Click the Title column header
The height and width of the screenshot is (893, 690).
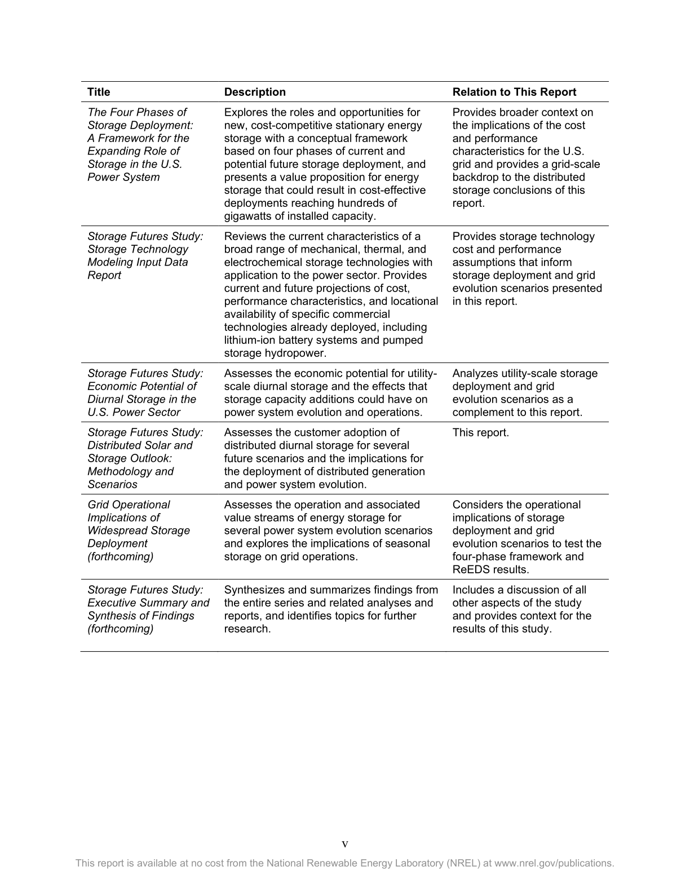[99, 92]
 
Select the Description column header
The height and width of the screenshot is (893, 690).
[255, 92]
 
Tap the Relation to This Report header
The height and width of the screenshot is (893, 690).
[514, 92]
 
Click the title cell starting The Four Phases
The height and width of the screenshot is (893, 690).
[140, 145]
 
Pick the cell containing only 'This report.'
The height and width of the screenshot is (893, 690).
[480, 432]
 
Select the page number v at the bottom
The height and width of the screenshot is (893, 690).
[345, 844]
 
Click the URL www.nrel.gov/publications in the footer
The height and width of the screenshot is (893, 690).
[554, 863]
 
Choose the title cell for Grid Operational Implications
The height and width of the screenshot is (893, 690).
[139, 531]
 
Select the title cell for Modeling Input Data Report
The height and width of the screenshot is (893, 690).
[145, 255]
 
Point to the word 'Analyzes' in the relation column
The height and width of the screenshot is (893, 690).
[475, 373]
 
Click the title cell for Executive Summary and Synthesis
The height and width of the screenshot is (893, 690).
[148, 609]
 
